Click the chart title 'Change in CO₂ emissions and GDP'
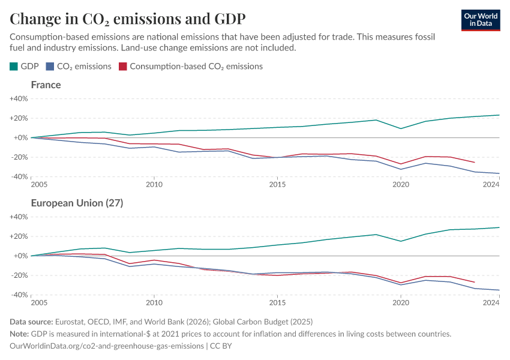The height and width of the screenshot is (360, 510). coord(127,18)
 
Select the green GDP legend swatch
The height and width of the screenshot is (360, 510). coord(14,67)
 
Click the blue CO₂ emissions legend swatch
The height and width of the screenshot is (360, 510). coord(52,67)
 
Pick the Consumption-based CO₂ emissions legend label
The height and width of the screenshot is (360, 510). coord(196,67)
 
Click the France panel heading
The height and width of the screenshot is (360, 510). coord(46,85)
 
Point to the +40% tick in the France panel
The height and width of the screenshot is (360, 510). coord(19,98)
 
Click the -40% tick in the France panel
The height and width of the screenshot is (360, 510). coord(19,177)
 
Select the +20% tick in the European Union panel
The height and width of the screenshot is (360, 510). coord(19,236)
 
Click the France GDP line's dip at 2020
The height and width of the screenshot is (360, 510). coord(401,128)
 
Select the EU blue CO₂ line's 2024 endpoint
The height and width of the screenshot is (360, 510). coord(499,290)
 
